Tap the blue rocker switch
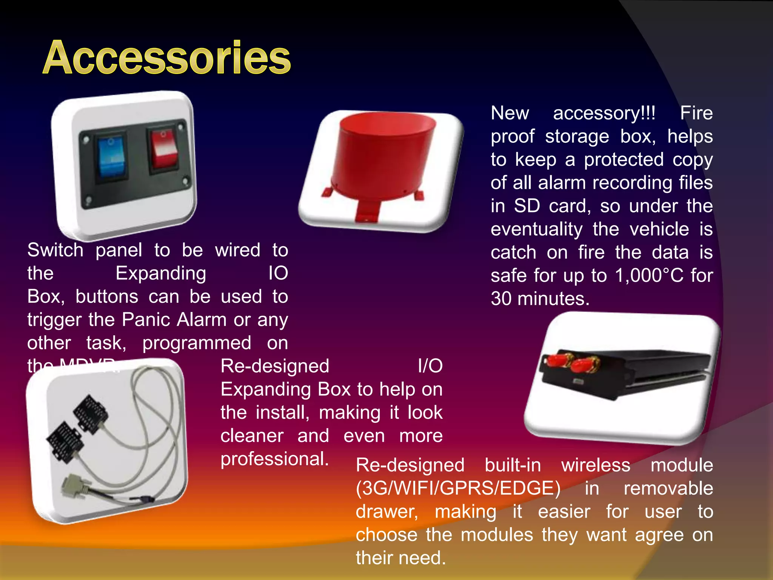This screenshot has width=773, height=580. click(x=111, y=158)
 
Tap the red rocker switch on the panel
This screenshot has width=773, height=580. click(x=163, y=150)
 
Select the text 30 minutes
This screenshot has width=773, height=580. click(x=540, y=299)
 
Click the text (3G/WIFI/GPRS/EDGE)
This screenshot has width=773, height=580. click(x=458, y=488)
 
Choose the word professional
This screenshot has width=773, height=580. click(x=274, y=459)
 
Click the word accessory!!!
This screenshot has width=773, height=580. click(x=604, y=113)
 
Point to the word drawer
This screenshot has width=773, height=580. click(x=387, y=512)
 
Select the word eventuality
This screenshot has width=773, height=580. click(x=536, y=229)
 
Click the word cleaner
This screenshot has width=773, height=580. click(x=252, y=436)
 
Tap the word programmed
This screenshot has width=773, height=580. click(x=197, y=343)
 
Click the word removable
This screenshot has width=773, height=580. click(x=668, y=488)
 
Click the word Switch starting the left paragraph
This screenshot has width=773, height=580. click(x=55, y=250)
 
